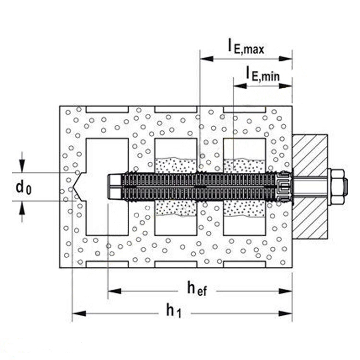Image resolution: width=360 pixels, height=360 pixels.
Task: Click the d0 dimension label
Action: point(24,187)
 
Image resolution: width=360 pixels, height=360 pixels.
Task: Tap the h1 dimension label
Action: point(174,311)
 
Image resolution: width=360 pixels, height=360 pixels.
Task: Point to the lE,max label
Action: point(246,47)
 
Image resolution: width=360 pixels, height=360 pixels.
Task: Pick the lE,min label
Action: point(263,73)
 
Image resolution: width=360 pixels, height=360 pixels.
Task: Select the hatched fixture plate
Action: point(310,186)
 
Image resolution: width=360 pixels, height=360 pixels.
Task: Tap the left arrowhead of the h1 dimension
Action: point(79,313)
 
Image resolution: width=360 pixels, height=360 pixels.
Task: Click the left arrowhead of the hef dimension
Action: point(115,291)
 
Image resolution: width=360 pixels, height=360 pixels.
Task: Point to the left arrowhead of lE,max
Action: point(206,59)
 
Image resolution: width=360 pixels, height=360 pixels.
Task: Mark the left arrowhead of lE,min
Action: point(240,86)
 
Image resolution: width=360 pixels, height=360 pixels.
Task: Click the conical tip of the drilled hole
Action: point(77,187)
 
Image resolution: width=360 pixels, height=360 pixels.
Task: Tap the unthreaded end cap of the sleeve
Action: point(114,187)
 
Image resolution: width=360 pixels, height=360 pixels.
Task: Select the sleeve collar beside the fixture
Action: point(284,187)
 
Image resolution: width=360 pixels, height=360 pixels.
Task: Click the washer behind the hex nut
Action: point(329,187)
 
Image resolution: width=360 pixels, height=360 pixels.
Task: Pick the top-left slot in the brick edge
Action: point(107,109)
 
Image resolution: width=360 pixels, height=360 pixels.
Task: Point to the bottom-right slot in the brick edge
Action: point(245,264)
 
